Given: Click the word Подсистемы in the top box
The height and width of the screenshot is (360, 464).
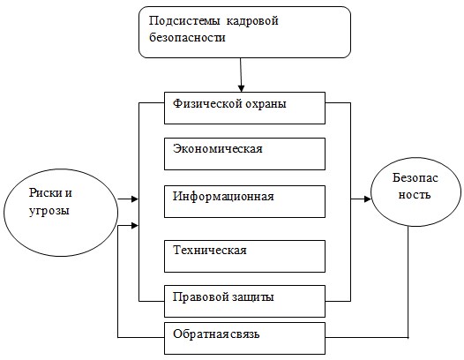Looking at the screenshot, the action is pos(184,21).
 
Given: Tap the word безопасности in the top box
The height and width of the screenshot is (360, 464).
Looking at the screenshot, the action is pos(187,38).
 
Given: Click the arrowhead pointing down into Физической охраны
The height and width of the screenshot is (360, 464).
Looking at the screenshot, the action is pos(241,88).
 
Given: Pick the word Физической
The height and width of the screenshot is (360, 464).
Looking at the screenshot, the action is pos(203,104).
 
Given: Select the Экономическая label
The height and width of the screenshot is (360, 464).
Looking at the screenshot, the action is pos(218,148).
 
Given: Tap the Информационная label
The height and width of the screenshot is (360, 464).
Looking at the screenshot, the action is pos(223,197).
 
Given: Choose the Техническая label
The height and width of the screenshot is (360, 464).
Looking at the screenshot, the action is pos(210,251).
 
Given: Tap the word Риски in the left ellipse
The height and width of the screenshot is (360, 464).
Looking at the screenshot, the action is pos(46,193).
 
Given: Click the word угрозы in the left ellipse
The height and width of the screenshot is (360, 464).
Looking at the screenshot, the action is pos(49,212).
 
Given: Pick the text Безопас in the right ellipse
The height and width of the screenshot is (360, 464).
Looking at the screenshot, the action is pos(415,177).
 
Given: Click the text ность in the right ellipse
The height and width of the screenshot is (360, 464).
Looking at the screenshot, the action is pos(415,195).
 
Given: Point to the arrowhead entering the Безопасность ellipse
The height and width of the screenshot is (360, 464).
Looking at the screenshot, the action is pos(368,199).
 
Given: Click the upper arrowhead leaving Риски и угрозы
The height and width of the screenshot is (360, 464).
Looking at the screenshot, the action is pos(135,199).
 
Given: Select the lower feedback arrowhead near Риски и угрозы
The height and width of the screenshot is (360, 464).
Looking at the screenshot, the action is pos(135,226).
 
